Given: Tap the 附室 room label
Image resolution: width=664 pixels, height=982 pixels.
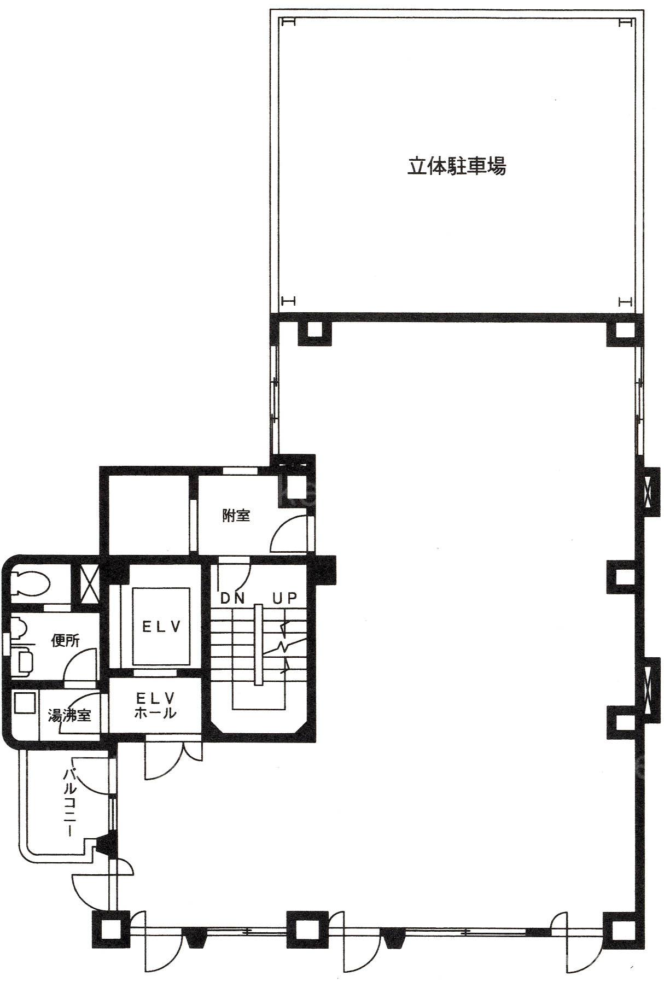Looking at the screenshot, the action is tap(236, 515).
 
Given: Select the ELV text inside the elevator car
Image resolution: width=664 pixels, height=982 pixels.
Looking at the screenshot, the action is tap(161, 627).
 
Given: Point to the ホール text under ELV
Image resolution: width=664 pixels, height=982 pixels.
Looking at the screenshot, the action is tap(155, 712).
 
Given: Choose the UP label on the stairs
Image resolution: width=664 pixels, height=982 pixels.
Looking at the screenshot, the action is tap(284, 598).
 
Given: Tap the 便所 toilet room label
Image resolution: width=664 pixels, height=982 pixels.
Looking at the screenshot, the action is tap(65, 640).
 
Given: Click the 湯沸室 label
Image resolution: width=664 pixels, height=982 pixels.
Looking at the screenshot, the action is tap(69, 715).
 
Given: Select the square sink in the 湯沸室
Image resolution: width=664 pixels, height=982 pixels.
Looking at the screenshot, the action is tap(24, 703).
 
